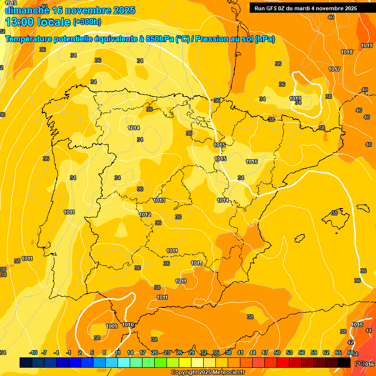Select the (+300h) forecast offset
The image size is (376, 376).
pos(87,22)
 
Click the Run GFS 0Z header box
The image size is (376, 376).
pos(305,8)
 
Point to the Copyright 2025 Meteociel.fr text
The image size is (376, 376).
pos(209,372)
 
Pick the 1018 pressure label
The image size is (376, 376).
pos(347,52)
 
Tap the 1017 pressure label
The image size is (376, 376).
pos(334,70)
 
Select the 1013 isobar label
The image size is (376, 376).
pos(159,200)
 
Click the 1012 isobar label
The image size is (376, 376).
pos(145,215)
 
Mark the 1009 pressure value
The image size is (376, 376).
pos(112,327)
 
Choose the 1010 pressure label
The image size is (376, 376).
pos(128,325)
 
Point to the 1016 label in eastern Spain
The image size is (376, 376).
pos(252,162)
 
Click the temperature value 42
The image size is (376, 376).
pos(351,342)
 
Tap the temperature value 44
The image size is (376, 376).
pos(369,331)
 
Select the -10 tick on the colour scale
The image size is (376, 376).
pos(33,352)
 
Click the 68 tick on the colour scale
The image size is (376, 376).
pos(351,352)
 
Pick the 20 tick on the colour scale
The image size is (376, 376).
pos(155,352)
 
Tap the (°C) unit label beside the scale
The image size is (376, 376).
pos(359,363)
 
